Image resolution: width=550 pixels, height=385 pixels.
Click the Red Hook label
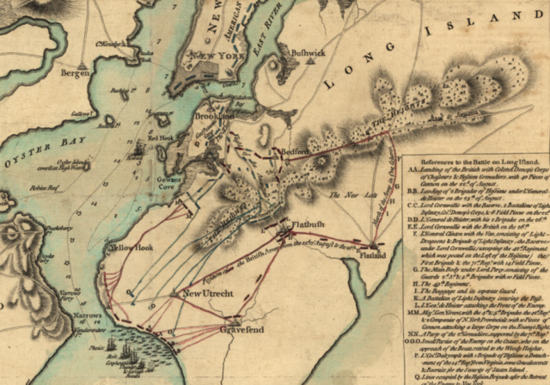coord(161,137)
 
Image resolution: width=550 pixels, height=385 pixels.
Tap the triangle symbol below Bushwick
coord(274,66)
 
